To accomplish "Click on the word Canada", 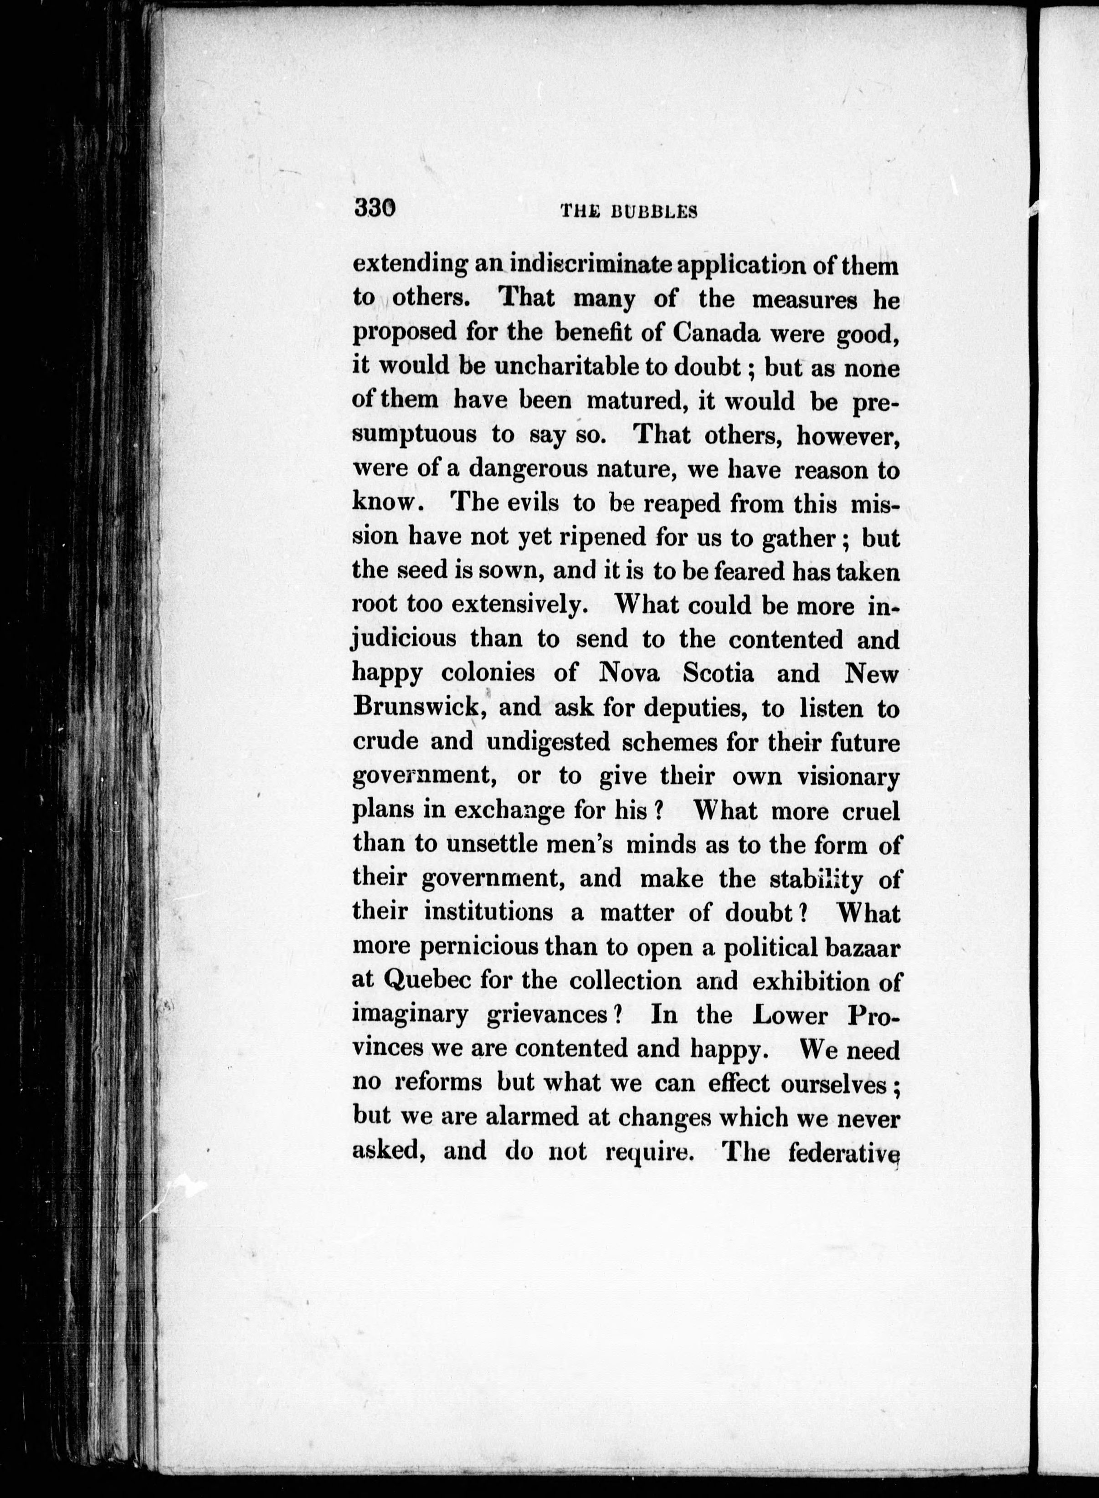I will [x=716, y=333].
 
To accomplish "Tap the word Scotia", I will [x=719, y=673].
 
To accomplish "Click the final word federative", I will [x=843, y=1151].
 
